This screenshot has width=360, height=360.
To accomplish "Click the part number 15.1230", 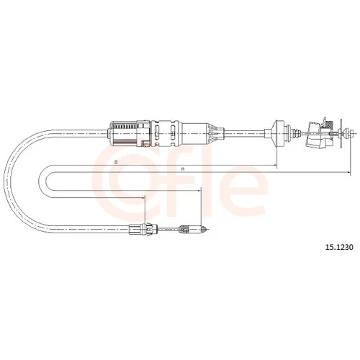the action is (339, 247).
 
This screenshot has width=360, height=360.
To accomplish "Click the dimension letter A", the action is (183, 169).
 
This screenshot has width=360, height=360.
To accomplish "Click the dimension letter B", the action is (116, 162).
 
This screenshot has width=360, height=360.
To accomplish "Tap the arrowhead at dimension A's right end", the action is (348, 172).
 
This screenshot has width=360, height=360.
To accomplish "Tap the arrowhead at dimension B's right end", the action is (275, 165).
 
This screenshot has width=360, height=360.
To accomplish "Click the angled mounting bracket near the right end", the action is (316, 135).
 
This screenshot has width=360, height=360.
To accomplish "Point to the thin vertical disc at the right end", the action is (341, 133).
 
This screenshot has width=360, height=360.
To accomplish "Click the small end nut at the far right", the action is (352, 132).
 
